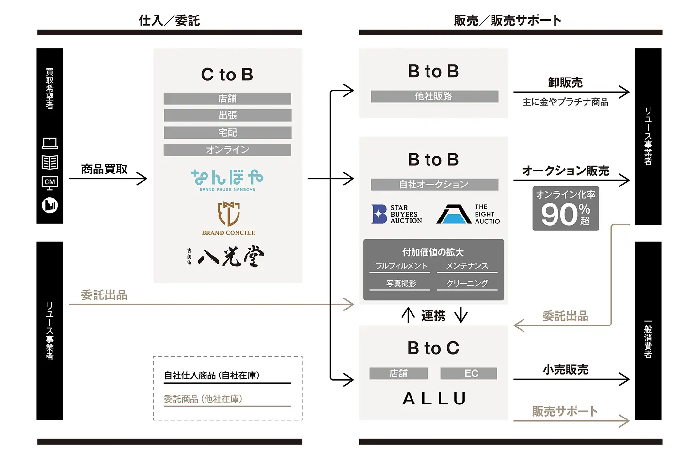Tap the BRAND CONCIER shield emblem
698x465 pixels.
[x=228, y=214]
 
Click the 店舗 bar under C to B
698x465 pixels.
[x=227, y=98]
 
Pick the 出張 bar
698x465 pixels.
[x=227, y=115]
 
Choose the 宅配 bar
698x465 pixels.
[x=227, y=133]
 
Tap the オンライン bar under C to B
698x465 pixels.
[x=227, y=150]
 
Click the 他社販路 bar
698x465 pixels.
[x=434, y=96]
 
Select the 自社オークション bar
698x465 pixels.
[x=434, y=185]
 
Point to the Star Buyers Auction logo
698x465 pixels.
[x=397, y=214]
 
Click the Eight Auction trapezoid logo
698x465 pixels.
[x=454, y=214]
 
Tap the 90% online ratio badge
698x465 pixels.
[x=565, y=208]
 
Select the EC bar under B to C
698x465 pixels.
[x=469, y=373]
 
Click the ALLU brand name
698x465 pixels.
[x=434, y=399]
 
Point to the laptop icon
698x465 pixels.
[x=49, y=143]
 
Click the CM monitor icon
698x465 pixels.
[x=49, y=183]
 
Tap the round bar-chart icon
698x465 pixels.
[x=49, y=205]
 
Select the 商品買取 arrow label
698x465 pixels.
[x=104, y=169]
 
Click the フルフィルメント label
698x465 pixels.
[x=401, y=266]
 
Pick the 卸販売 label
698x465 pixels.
[x=565, y=83]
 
